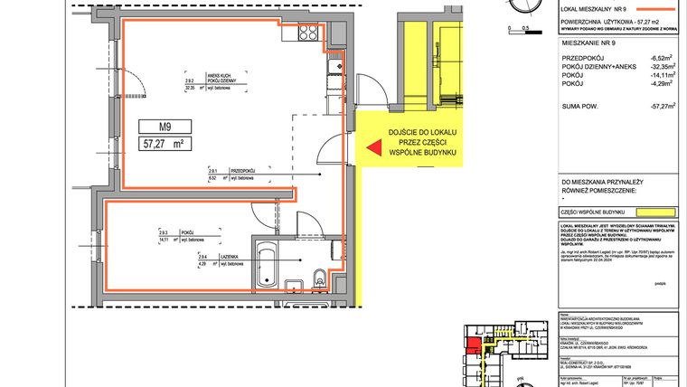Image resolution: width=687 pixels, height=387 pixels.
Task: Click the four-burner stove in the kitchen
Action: [x=334, y=64]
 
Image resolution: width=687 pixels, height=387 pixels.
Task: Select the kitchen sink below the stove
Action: [x=334, y=86]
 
